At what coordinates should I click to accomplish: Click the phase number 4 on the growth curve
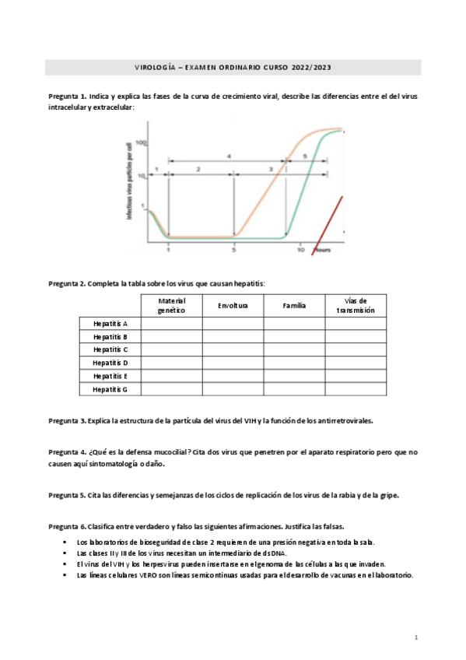[x=229, y=156]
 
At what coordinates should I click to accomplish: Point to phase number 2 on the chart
[x=198, y=169]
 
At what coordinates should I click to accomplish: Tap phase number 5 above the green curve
[x=305, y=156]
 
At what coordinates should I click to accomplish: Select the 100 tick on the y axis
[x=141, y=143]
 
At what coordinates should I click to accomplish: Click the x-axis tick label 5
[x=234, y=251]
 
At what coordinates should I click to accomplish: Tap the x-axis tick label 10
[x=300, y=251]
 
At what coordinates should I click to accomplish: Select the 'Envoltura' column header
[x=233, y=306]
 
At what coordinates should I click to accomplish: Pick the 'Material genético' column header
[x=171, y=306]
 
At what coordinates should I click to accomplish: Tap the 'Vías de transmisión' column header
[x=356, y=306]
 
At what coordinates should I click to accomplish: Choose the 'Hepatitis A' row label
[x=110, y=324]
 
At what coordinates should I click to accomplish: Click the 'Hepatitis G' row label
[x=110, y=389]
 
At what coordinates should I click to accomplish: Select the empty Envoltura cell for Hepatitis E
[x=233, y=376]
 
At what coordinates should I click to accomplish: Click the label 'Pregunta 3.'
[x=67, y=421]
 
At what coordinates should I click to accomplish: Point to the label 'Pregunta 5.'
[x=67, y=495]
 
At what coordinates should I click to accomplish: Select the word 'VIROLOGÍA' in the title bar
[x=153, y=68]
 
